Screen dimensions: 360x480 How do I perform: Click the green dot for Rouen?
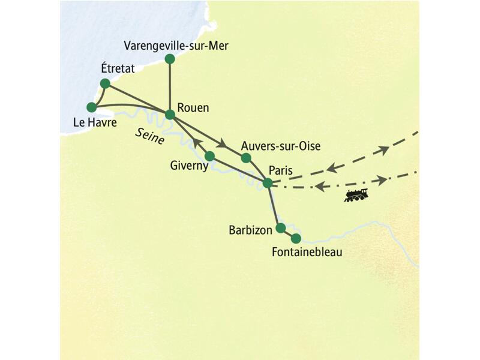(x=170, y=114)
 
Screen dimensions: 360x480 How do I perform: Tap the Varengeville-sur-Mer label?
(x=175, y=46)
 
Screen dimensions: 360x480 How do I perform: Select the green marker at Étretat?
(x=105, y=83)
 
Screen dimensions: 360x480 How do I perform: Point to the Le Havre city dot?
(x=92, y=107)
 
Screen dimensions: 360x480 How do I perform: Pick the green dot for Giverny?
(x=209, y=156)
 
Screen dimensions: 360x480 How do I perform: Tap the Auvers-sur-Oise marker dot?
(x=245, y=158)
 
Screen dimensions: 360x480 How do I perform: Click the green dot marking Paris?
(x=268, y=183)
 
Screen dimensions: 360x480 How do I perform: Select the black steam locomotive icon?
(x=356, y=194)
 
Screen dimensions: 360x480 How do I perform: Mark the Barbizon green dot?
(x=280, y=228)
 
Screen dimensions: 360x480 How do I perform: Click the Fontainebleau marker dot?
(x=295, y=238)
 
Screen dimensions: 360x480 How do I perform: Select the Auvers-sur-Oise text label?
(x=280, y=146)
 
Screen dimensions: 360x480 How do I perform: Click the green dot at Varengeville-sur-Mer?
(x=170, y=59)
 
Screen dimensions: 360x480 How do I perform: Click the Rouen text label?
(x=194, y=109)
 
